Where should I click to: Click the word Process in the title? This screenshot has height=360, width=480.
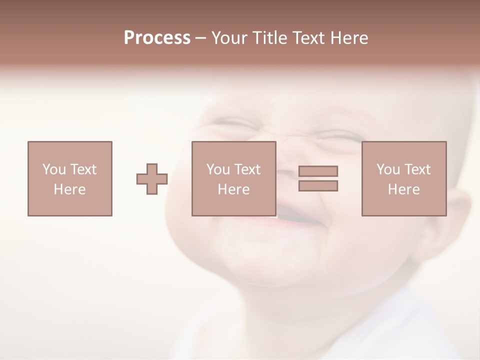[157, 38]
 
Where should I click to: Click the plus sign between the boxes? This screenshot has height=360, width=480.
[152, 179]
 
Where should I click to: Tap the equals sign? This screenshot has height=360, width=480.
[318, 178]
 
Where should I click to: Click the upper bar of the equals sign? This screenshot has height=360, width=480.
[318, 171]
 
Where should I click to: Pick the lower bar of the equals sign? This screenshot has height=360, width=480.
[318, 186]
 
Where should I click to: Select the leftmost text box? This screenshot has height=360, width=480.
[70, 178]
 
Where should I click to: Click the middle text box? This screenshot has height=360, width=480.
[234, 178]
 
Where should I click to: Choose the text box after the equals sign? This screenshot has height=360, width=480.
[404, 178]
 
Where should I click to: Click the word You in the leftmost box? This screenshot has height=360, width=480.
[54, 169]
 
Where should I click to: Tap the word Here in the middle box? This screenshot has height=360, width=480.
[234, 189]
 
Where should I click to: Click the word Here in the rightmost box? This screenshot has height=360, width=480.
[404, 189]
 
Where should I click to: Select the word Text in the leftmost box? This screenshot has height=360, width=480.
[84, 169]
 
